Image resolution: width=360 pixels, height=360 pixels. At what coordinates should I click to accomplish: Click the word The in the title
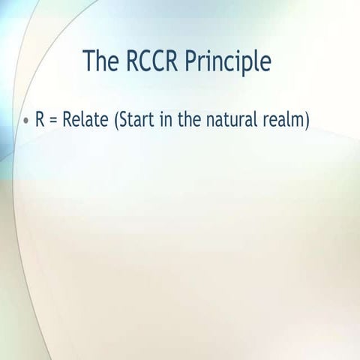103,60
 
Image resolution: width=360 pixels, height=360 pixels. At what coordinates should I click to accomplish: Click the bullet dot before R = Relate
26,121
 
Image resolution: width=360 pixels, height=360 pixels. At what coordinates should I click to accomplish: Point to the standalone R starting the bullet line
40,120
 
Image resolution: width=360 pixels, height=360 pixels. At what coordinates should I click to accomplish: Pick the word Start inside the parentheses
136,120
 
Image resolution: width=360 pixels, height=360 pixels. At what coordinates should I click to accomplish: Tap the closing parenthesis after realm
305,121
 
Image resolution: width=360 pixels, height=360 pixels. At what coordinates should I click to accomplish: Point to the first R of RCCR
132,60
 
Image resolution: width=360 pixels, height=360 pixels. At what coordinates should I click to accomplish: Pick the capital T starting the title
91,60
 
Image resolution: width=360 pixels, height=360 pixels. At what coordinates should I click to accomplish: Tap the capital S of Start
124,120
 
